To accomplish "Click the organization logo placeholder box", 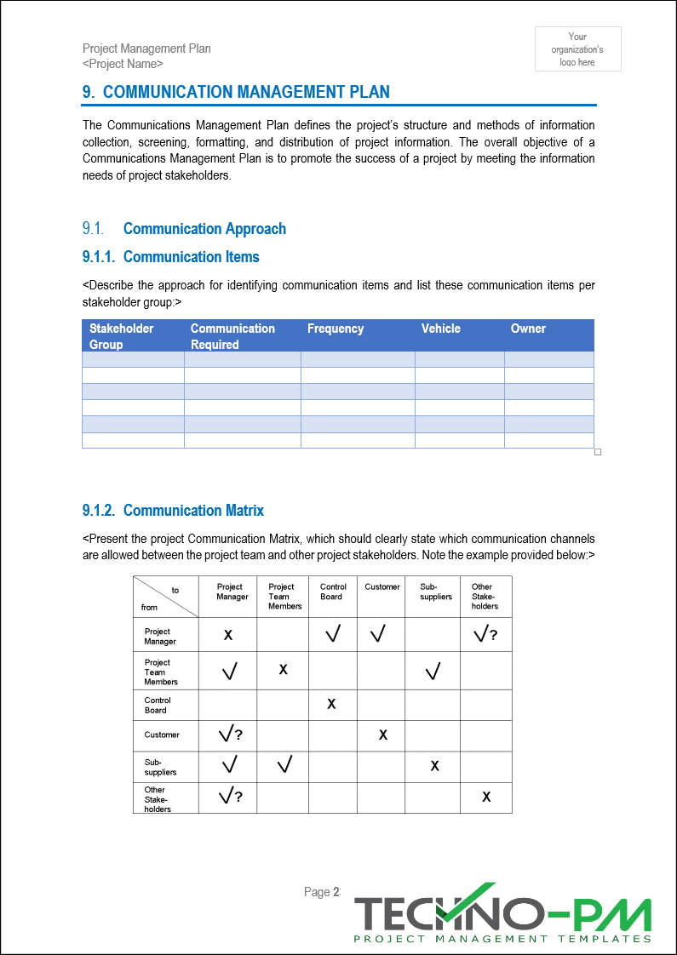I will click(577, 49).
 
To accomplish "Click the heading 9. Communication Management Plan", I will click(236, 92).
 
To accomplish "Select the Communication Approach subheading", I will click(204, 228).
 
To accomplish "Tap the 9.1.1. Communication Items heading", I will click(171, 256).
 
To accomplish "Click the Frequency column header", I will click(336, 329).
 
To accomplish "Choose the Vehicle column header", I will click(440, 329).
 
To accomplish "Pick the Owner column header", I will click(528, 329).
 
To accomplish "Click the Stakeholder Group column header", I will click(122, 336).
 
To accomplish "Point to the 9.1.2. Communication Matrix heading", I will click(174, 510).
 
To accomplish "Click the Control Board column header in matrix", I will click(333, 592).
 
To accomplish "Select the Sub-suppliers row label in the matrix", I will click(161, 767).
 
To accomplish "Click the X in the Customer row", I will click(383, 735).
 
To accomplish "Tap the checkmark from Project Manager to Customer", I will click(378, 634).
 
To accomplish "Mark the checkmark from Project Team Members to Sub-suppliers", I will click(433, 672).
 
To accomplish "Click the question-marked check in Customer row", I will click(230, 735).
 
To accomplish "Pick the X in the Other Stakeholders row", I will click(486, 797).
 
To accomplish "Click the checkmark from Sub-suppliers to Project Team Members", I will click(284, 765).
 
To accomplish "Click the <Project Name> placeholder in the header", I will click(123, 64).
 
